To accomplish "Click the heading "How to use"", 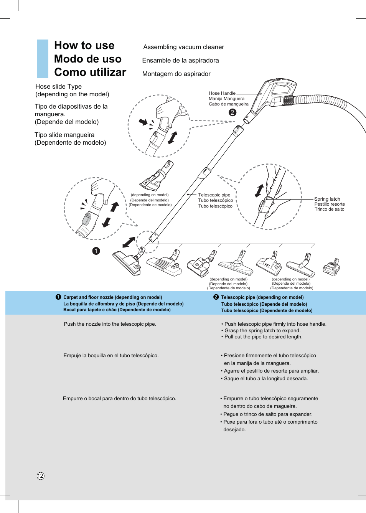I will [84, 46].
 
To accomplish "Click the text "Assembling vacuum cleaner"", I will [183, 47].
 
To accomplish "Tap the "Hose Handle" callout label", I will [222, 93].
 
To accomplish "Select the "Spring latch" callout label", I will [327, 199].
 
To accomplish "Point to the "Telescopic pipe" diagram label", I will [214, 195].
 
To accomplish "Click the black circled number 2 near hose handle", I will [232, 112].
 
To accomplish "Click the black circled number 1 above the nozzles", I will [96, 251].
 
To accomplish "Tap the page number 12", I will [41, 476].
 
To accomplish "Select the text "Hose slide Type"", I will [58, 87].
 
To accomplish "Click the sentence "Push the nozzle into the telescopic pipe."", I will [110, 324].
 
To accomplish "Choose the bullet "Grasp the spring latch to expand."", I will [262, 331].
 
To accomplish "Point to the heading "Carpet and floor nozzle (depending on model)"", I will [112, 297].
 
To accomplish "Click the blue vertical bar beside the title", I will [43, 59].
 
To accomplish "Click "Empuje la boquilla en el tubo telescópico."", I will [111, 356].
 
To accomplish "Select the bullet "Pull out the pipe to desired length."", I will [263, 337].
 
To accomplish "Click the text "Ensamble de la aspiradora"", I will [180, 61].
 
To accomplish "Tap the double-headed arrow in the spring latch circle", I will [259, 191].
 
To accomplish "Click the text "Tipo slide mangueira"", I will [64, 135].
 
